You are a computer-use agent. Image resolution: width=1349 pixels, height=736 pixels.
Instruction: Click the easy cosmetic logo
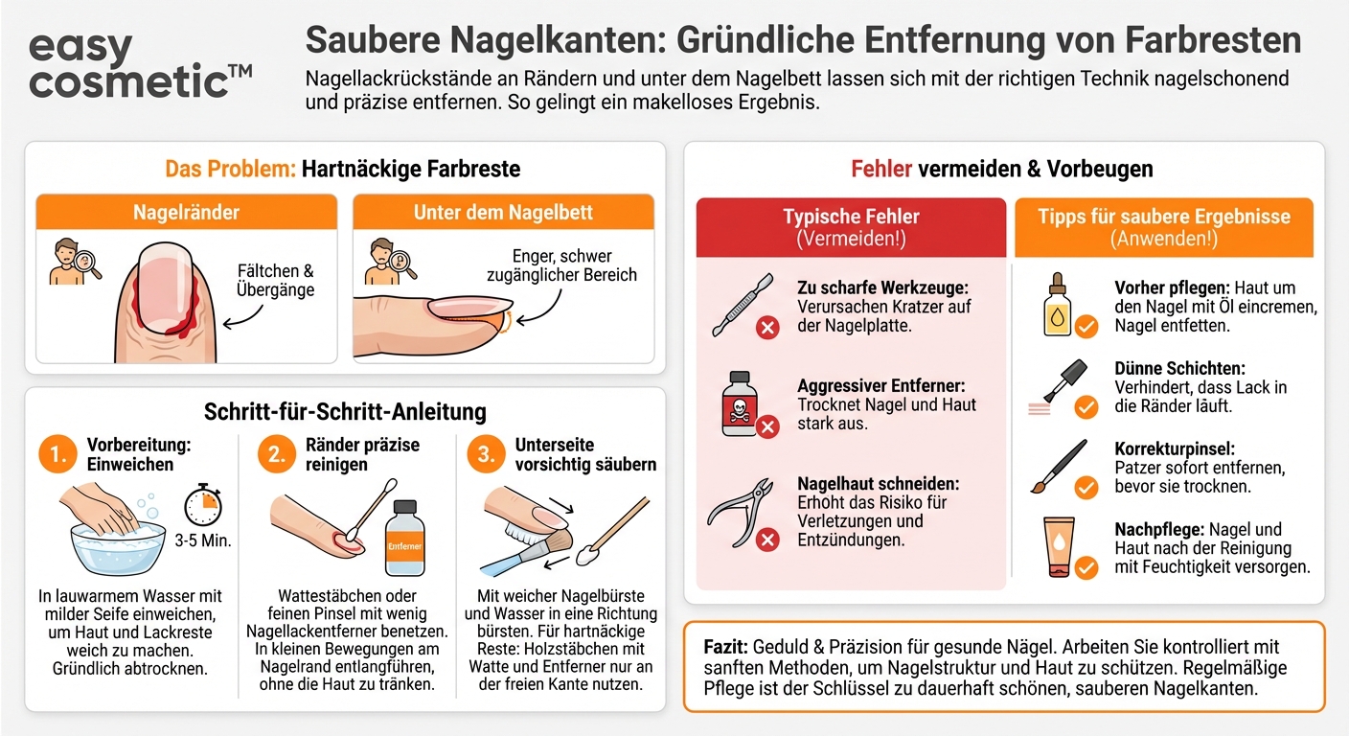pyautogui.click(x=140, y=65)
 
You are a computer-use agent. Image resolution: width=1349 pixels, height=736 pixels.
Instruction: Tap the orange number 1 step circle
pyautogui.click(x=57, y=456)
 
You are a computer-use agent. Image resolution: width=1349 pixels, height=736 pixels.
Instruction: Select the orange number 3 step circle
pyautogui.click(x=487, y=456)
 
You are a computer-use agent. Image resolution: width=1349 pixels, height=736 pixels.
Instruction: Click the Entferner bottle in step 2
pyautogui.click(x=403, y=540)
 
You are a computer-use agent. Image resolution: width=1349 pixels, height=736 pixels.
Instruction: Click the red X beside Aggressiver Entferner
pyautogui.click(x=767, y=427)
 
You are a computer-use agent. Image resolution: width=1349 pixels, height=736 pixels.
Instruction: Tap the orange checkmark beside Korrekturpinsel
pyautogui.click(x=1086, y=488)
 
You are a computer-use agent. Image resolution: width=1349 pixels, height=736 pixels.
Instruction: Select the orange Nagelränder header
pyautogui.click(x=187, y=212)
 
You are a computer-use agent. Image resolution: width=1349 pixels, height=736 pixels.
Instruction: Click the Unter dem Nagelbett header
pyautogui.click(x=503, y=212)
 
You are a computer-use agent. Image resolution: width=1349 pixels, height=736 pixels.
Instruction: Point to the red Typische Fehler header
pyautogui.click(x=851, y=227)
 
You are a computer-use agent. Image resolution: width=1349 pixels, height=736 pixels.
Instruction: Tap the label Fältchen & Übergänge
pyautogui.click(x=275, y=281)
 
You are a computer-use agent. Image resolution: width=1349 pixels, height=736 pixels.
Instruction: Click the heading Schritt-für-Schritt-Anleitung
pyautogui.click(x=345, y=412)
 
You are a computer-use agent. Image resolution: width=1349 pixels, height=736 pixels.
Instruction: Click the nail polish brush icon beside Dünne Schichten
pyautogui.click(x=1058, y=383)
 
